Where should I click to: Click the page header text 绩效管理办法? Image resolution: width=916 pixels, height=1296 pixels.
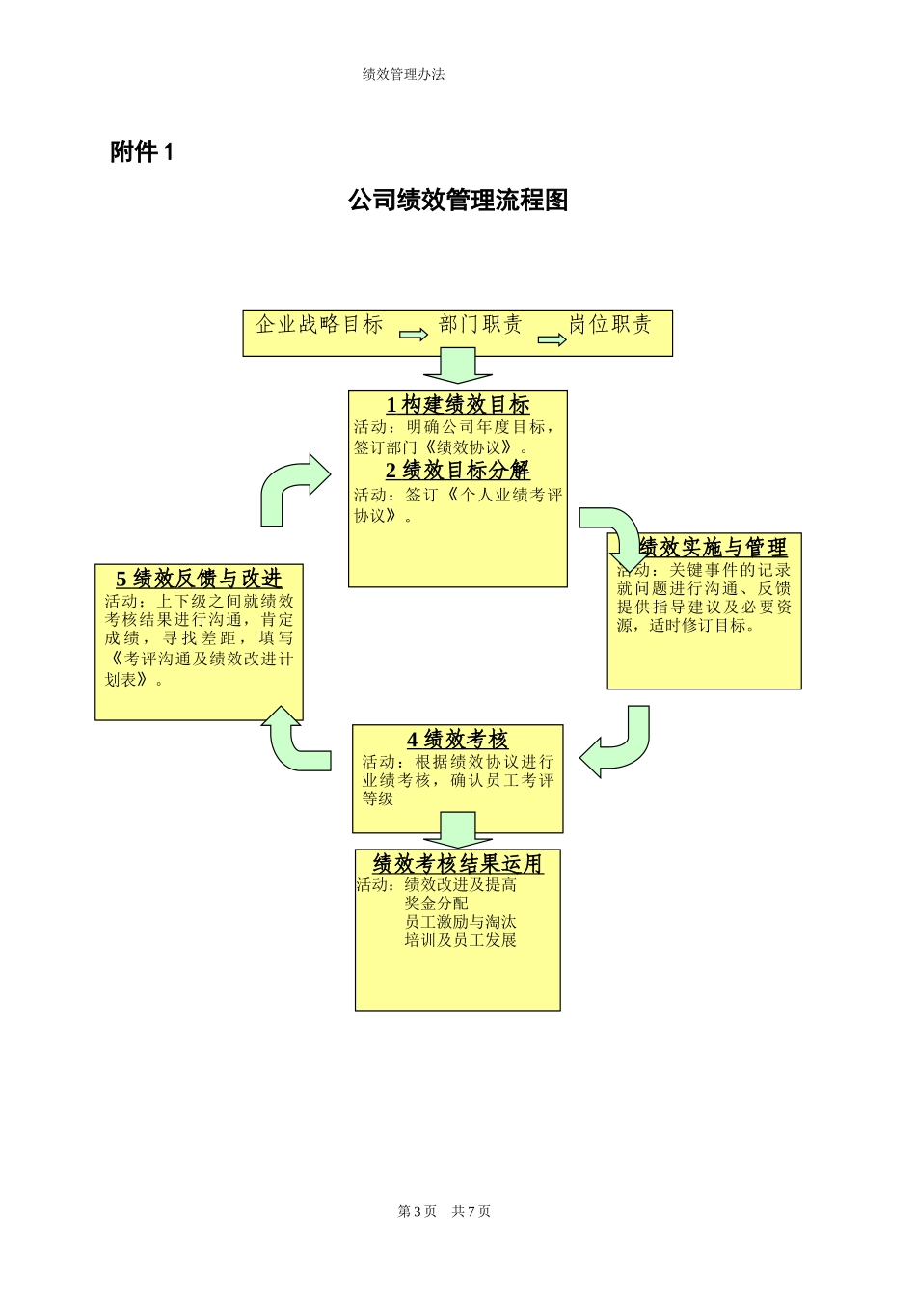[x=403, y=74]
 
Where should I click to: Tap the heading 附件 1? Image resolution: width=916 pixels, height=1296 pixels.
[x=142, y=152]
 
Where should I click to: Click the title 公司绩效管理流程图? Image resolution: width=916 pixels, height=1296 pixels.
[x=458, y=201]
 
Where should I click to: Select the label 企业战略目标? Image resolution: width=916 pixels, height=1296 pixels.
[x=319, y=325]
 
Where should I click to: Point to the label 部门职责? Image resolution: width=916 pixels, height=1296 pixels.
[x=480, y=325]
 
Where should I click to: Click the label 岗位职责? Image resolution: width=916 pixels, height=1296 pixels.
[x=609, y=325]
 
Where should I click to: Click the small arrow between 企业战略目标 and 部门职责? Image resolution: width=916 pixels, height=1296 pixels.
[x=414, y=335]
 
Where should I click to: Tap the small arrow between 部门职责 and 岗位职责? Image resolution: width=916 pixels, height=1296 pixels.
[x=552, y=339]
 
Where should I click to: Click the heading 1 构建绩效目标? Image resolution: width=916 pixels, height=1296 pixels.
[x=458, y=405]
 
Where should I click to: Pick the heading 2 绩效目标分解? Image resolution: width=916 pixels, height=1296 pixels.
[x=458, y=471]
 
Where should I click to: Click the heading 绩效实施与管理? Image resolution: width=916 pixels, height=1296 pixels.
[x=713, y=548]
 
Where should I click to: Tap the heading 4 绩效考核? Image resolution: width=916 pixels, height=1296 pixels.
[x=457, y=740]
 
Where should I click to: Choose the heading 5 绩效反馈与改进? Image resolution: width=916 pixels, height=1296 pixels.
[x=199, y=579]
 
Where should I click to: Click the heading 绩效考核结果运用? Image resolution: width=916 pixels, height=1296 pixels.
[x=458, y=863]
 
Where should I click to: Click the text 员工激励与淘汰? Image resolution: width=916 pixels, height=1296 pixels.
[x=460, y=922]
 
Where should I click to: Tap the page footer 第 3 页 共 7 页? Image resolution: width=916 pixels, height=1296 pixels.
[x=445, y=1211]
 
